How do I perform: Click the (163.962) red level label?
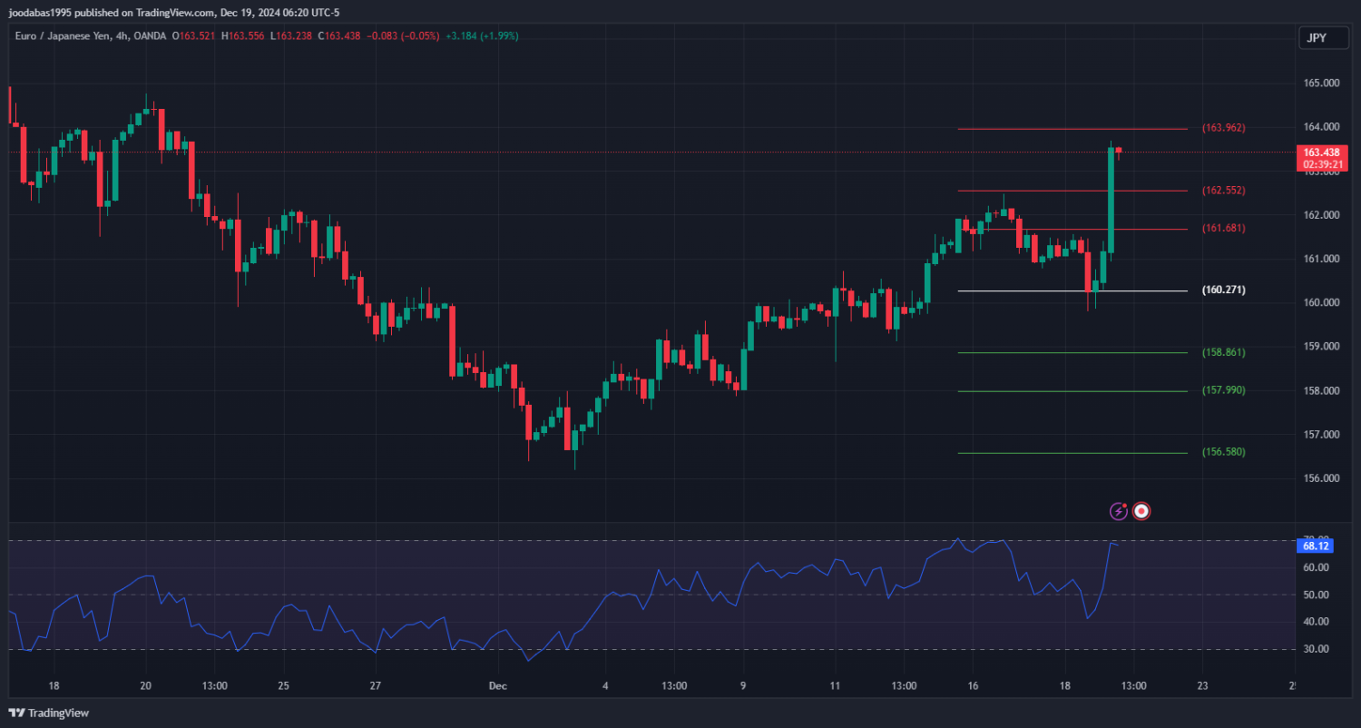click(1223, 128)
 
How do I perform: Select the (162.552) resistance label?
click(1223, 191)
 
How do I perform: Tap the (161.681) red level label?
click(1223, 228)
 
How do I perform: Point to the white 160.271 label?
click(1223, 290)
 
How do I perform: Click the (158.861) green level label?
click(1223, 352)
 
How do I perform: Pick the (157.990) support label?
click(1223, 390)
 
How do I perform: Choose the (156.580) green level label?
click(1223, 452)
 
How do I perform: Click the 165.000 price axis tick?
click(1322, 84)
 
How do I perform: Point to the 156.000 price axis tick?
click(1322, 478)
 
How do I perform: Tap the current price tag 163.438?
click(1323, 152)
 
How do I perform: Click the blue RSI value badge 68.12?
click(1316, 546)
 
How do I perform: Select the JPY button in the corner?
click(1316, 38)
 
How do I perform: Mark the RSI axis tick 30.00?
click(1316, 649)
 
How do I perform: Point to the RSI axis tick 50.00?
click(1316, 595)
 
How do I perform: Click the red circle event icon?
click(1142, 511)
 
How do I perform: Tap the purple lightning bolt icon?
click(1119, 511)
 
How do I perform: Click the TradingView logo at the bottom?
click(50, 713)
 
